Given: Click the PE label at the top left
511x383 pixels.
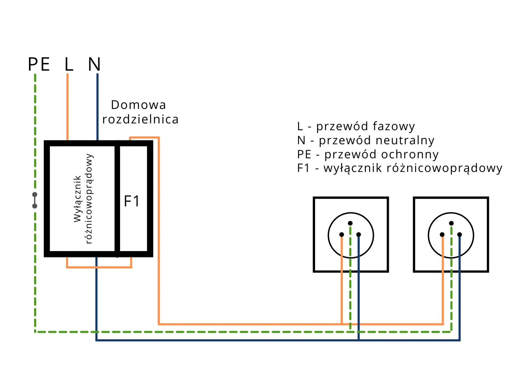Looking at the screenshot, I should click(39, 64).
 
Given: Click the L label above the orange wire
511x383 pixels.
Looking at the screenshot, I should click(69, 64).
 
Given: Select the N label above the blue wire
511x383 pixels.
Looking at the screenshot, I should click(95, 64).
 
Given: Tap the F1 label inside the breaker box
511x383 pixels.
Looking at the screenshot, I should click(132, 201).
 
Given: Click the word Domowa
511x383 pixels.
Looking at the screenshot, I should click(138, 105).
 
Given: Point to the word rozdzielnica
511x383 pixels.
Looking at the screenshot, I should click(141, 120).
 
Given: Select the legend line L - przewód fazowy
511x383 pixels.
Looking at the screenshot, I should click(356, 126).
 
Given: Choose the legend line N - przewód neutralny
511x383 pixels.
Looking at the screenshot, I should click(366, 140).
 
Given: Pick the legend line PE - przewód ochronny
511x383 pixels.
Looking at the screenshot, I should click(368, 154).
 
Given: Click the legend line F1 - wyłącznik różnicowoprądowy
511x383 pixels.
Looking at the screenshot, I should click(400, 168).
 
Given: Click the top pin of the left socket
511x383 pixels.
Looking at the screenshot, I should click(350, 223).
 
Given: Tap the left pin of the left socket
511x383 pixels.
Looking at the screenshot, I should click(342, 234).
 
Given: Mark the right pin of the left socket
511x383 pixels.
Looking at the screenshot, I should click(359, 234).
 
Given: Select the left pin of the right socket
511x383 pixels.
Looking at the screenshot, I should click(442, 234).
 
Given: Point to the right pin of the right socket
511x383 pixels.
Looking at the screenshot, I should click(460, 234).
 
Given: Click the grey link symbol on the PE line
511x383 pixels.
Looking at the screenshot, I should click(34, 200).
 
